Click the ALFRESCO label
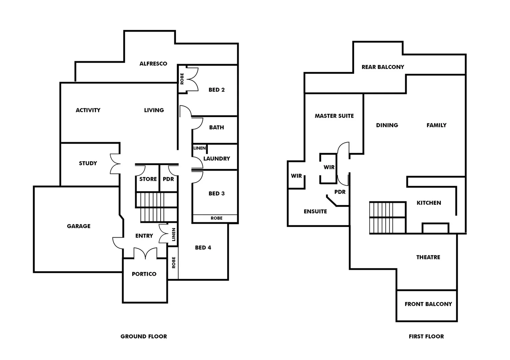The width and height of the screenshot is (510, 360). coord(153,64)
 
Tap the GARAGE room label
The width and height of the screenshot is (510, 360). coord(79,226)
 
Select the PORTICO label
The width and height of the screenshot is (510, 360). coord(144,274)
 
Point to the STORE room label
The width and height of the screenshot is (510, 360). coord(148,179)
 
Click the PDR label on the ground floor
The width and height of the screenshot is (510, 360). coord(168,179)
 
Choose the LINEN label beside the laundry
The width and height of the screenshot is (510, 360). coord(200,148)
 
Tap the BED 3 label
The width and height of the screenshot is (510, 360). coord(217,193)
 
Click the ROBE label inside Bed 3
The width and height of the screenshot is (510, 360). coord(217,218)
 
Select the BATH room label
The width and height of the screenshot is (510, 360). coord(217,127)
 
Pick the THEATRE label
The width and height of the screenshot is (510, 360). coord(428,257)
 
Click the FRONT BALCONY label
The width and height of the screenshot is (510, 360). coord(428,304)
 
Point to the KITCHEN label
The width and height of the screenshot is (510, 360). coord(429,203)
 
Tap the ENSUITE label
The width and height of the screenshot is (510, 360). coord(315,211)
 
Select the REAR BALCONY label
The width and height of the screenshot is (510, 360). coord(383,67)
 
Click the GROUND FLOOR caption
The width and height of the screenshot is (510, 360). coord(144,336)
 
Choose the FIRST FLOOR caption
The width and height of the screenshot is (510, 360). coord(426,336)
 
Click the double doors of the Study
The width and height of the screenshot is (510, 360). coord(115,164)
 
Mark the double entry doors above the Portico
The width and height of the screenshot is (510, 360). coord(145,253)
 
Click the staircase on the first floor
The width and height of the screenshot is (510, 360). coord(387,218)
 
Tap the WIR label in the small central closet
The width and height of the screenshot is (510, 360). coord(329,167)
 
